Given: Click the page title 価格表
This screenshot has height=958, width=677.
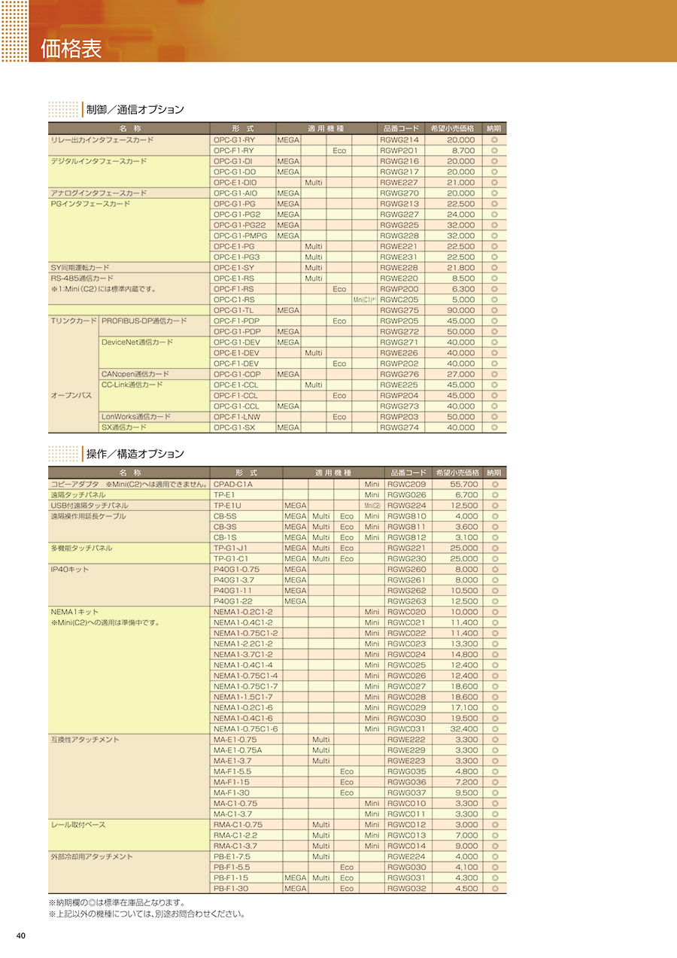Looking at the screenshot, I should click(71, 50).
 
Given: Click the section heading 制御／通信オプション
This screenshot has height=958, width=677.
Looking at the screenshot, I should click(135, 110).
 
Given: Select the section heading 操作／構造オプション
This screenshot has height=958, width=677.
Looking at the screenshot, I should click(135, 454).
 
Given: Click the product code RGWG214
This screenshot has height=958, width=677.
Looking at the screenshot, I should click(399, 140).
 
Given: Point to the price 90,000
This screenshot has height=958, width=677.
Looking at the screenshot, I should click(461, 310).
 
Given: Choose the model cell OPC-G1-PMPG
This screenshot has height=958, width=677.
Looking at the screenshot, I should click(240, 236).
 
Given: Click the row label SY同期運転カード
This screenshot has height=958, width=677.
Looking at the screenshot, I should click(80, 268).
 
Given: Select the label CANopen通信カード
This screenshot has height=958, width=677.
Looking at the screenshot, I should click(135, 374).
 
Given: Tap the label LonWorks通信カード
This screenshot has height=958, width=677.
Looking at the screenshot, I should click(136, 417).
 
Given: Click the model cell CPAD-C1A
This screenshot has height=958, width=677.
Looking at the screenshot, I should click(233, 484).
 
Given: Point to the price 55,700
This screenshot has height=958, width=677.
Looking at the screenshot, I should click(464, 484).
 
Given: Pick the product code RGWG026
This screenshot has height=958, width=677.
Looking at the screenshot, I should click(406, 495).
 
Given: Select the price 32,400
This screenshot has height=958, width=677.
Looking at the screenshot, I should click(464, 728).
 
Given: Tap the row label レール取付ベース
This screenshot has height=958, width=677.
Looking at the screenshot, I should click(78, 825).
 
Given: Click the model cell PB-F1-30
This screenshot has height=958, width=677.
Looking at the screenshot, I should click(231, 888).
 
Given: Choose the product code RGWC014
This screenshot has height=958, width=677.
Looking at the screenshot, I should click(406, 846).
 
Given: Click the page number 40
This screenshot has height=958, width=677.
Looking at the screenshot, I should click(21, 935).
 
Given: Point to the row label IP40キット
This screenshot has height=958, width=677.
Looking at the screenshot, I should click(69, 570).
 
